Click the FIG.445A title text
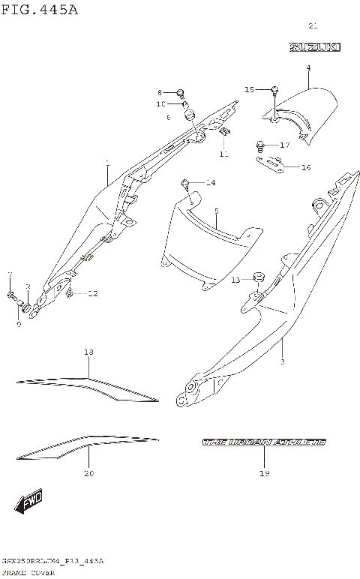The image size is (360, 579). [x=39, y=10]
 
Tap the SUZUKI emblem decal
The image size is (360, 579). [x=315, y=47]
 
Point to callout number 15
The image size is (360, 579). [x=250, y=89]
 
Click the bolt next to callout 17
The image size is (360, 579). [x=260, y=144]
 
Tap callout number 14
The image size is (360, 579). [x=210, y=183]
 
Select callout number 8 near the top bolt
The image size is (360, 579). [x=160, y=92]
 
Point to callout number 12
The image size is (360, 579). [x=92, y=293]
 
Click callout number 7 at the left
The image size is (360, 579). [x=10, y=274]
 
